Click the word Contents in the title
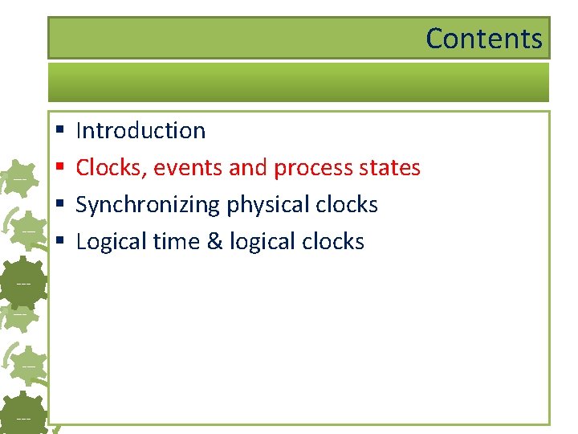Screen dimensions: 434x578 pyautogui.click(x=483, y=39)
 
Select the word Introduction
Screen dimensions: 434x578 pyautogui.click(x=140, y=130)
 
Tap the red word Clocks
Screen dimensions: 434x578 pyautogui.click(x=111, y=168)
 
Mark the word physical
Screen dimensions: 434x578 pyautogui.click(x=267, y=205)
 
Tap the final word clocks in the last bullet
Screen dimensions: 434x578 pyautogui.click(x=332, y=242)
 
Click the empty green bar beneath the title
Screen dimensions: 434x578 pyautogui.click(x=298, y=82)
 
